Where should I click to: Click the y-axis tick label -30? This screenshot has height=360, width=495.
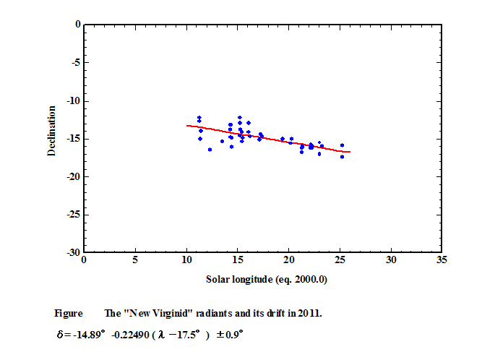pyautogui.click(x=72, y=252)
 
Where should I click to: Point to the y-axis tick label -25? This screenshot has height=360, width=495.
pyautogui.click(x=72, y=215)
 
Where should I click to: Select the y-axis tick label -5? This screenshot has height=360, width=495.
pyautogui.click(x=75, y=62)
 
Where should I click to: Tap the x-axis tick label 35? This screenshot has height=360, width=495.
pyautogui.click(x=442, y=260)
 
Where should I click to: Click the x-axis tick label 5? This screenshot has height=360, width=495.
pyautogui.click(x=135, y=260)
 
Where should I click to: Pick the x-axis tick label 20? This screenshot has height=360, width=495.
pyautogui.click(x=288, y=260)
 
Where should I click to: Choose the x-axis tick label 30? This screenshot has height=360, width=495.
pyautogui.click(x=391, y=260)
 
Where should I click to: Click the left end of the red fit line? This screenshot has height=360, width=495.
pyautogui.click(x=186, y=125)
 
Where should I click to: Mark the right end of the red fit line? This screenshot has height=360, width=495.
pyautogui.click(x=350, y=152)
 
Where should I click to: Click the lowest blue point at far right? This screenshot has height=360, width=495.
pyautogui.click(x=342, y=157)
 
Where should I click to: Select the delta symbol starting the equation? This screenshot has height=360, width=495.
pyautogui.click(x=57, y=335)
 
